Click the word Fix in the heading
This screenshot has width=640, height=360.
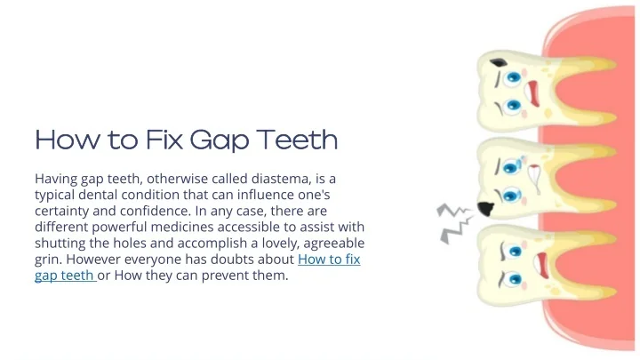pos(164,140)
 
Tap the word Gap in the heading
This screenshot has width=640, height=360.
pos(220,140)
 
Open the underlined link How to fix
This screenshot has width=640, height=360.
pos(329,260)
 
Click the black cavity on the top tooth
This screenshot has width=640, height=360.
pos(499,63)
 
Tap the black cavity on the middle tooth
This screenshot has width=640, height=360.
pos(485,209)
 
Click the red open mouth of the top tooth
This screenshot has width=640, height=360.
pos(533,93)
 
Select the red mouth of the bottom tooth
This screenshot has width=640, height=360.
pos(541,265)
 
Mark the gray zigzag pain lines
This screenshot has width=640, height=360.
pos(455,223)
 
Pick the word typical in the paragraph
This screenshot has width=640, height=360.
pos(55,195)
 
